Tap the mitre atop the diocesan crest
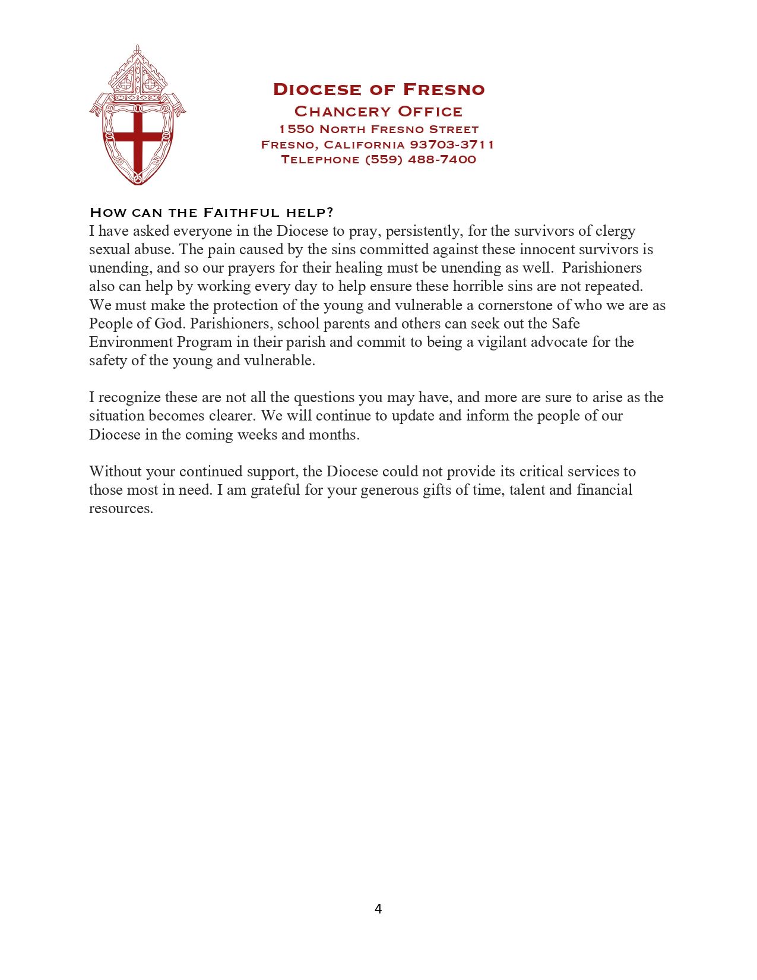point(138,74)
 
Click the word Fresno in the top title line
point(444,90)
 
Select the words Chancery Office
point(378,112)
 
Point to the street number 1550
point(296,129)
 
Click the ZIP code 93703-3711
point(452,144)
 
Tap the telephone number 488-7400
point(442,159)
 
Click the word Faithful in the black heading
point(242,213)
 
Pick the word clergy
point(616,231)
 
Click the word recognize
point(129,397)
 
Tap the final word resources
point(121,509)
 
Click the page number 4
point(378,909)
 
